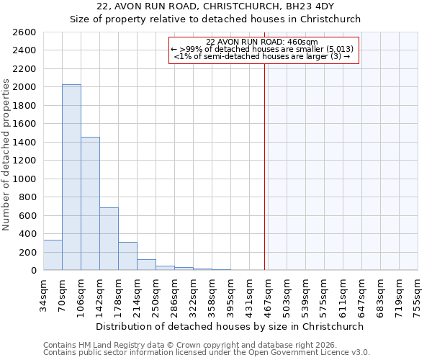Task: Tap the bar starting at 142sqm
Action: pos(109,238)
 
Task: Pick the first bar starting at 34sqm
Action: pos(53,255)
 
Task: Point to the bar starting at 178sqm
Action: pos(127,256)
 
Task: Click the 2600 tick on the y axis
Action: pos(25,32)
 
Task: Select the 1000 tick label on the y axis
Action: pos(25,179)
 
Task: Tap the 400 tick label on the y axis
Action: pos(28,234)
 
